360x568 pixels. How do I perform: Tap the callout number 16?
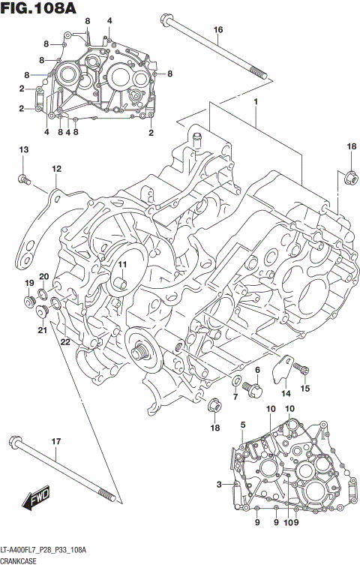click(x=218, y=30)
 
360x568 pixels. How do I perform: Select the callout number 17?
click(x=55, y=441)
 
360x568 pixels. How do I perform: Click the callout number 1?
click(x=256, y=101)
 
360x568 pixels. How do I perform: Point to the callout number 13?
click(x=23, y=152)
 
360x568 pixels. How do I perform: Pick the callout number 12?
click(x=55, y=170)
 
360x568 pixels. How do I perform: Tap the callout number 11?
click(x=121, y=263)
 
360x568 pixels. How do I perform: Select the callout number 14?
click(x=286, y=392)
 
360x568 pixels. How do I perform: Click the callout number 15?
click(x=305, y=388)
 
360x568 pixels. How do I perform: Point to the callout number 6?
click(x=256, y=370)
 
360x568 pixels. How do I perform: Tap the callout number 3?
click(x=219, y=485)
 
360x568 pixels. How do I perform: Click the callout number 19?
click(x=29, y=283)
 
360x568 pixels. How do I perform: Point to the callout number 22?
click(x=65, y=342)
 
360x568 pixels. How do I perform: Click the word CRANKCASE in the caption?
click(x=19, y=560)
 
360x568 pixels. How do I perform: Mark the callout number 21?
click(x=42, y=330)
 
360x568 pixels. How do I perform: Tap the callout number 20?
click(x=44, y=276)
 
